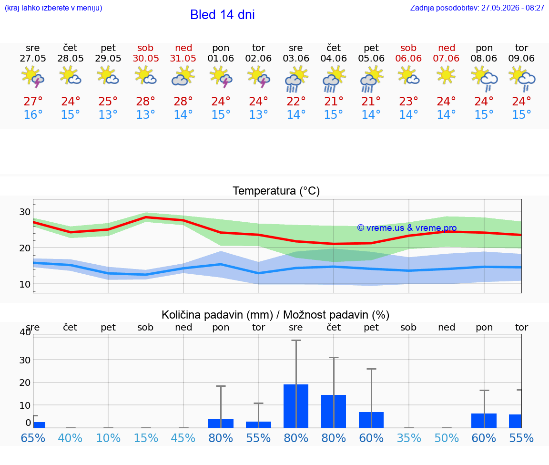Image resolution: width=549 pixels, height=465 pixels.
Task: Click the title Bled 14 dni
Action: (223, 15)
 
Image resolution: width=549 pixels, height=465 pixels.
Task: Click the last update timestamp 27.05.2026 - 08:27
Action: (513, 8)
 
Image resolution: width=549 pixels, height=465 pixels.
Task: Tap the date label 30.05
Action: (146, 59)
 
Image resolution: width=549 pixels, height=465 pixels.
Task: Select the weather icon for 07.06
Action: (446, 75)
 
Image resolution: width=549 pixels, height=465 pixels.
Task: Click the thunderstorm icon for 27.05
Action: (33, 76)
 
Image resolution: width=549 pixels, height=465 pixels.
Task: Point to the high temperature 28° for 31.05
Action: (183, 101)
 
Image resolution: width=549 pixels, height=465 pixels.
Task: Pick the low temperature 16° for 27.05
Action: (33, 114)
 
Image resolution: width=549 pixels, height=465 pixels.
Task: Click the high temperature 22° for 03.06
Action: (296, 101)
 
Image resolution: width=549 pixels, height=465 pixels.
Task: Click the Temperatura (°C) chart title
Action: (276, 191)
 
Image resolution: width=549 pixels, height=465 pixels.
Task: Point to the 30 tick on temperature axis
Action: (25, 212)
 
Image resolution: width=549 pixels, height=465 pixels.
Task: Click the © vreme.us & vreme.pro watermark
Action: (407, 228)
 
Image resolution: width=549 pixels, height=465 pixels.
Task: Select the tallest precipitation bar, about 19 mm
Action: (296, 406)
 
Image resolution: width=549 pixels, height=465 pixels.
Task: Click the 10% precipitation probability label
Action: (108, 438)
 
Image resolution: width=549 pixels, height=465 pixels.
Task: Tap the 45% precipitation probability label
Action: (183, 438)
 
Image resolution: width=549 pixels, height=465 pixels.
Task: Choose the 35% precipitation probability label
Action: (408, 438)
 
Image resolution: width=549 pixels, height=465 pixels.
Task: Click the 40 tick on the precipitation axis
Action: (26, 331)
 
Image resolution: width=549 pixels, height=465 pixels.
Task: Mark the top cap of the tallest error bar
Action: (296, 340)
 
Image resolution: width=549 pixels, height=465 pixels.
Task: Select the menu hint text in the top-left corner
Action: (53, 8)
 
